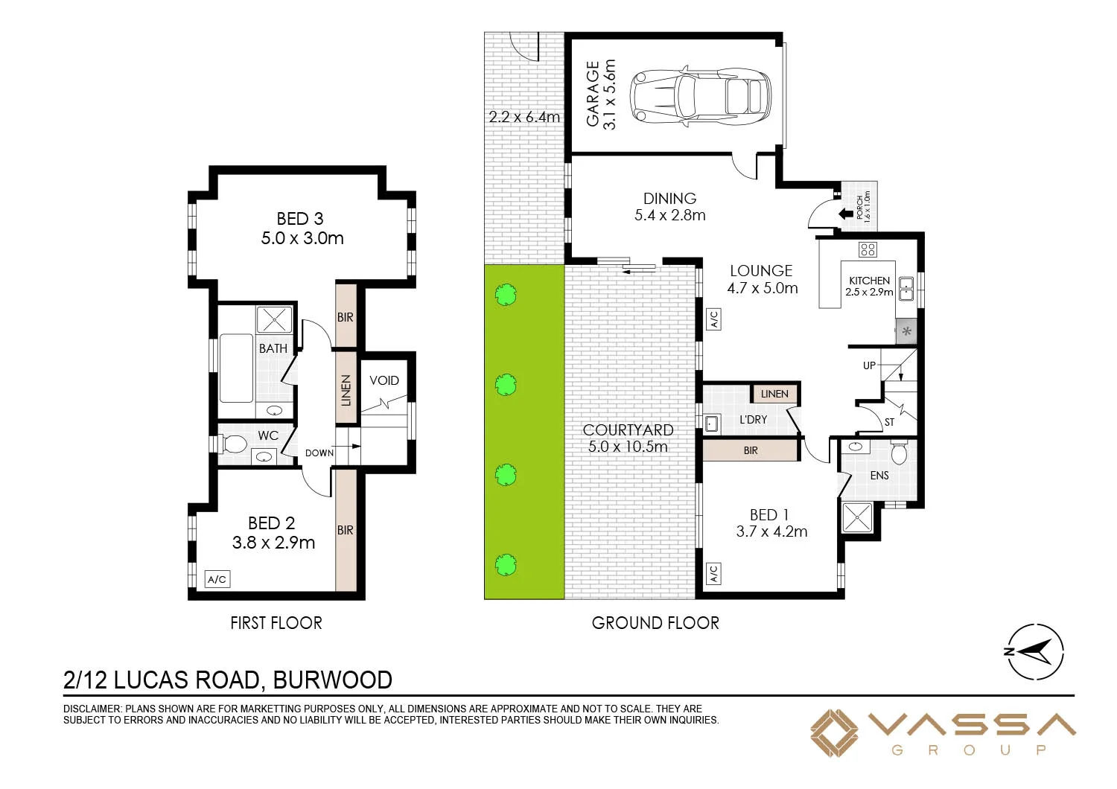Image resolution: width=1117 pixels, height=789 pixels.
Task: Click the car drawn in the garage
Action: pos(700,97)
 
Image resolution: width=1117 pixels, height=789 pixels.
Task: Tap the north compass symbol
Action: pos(1035,651)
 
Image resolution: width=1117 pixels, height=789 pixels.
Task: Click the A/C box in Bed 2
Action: pos(217,579)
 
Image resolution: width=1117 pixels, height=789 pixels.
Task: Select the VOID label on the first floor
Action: pos(384,380)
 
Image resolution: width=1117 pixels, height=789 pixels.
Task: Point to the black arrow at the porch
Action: pos(846,214)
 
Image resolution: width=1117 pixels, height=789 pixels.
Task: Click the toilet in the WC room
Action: pos(234,444)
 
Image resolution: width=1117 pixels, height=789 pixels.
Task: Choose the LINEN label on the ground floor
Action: pos(774,394)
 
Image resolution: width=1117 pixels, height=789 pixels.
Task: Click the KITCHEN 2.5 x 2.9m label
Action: pos(869,287)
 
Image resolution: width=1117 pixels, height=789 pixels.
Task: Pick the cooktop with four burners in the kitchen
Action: pos(868,249)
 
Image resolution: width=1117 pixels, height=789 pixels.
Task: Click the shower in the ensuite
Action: pos(856,517)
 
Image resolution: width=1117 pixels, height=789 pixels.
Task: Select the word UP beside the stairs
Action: pos(869,365)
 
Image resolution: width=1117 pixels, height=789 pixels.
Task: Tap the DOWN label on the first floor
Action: pos(319,453)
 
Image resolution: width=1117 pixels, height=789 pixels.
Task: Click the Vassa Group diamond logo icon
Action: pos(834,733)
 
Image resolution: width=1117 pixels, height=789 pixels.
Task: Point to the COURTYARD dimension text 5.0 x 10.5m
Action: pos(628,447)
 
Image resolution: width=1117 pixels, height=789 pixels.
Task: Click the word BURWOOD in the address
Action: pos(332,680)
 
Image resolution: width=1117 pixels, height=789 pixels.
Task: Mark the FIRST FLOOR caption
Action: pos(276,623)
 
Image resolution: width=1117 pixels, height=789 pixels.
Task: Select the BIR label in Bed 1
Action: pos(751,450)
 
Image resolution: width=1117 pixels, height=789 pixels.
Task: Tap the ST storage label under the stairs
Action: pos(889,422)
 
